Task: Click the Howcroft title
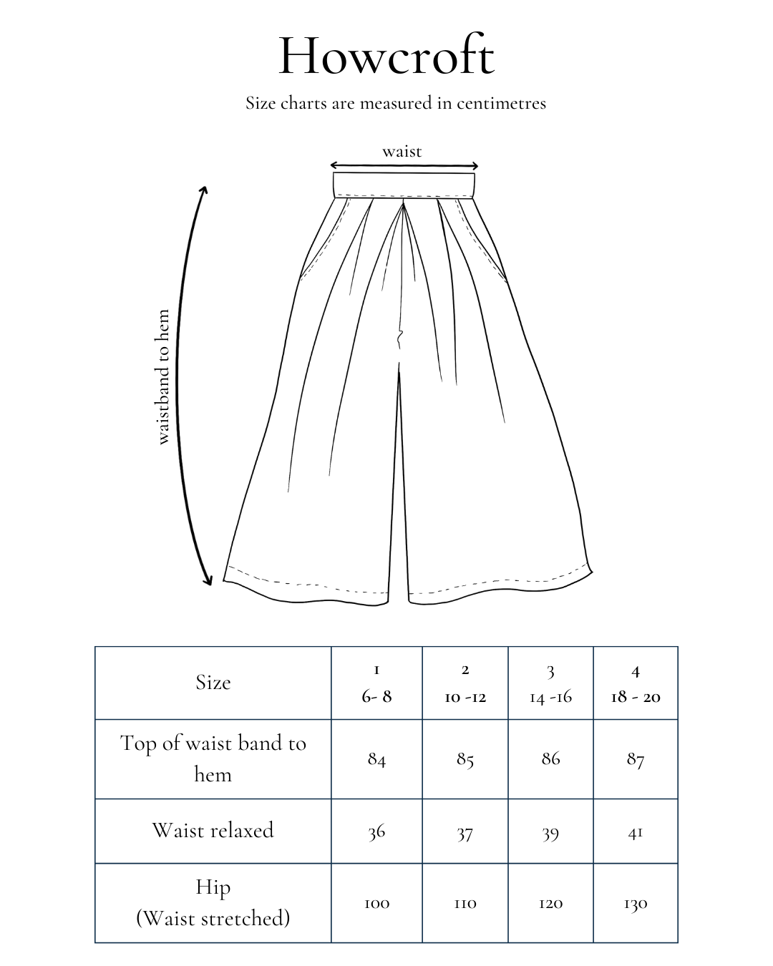386,56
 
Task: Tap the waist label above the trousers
402,152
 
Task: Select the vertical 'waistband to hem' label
163,377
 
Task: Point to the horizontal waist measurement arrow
403,166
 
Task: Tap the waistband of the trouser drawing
404,184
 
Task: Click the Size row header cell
213,683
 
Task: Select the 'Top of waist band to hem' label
213,758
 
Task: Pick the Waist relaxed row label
213,830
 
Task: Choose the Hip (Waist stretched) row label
213,902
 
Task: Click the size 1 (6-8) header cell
376,683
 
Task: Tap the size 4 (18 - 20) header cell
636,683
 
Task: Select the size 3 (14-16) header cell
550,683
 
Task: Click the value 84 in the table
376,759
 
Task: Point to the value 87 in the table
636,759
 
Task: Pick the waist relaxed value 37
465,833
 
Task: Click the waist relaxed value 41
636,832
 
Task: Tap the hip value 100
376,904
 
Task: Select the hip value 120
550,904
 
